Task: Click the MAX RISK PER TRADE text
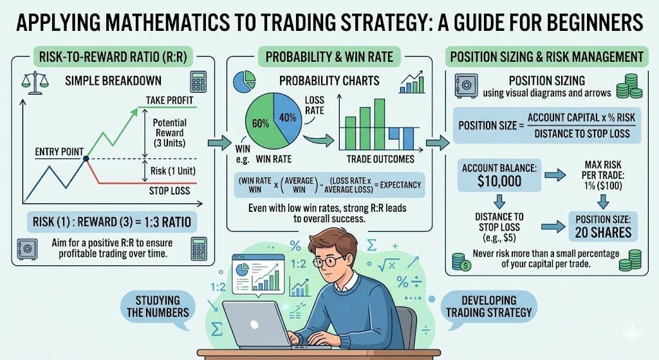point(599,175)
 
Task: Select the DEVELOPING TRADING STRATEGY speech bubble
point(489,307)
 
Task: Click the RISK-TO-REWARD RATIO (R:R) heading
point(113,57)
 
